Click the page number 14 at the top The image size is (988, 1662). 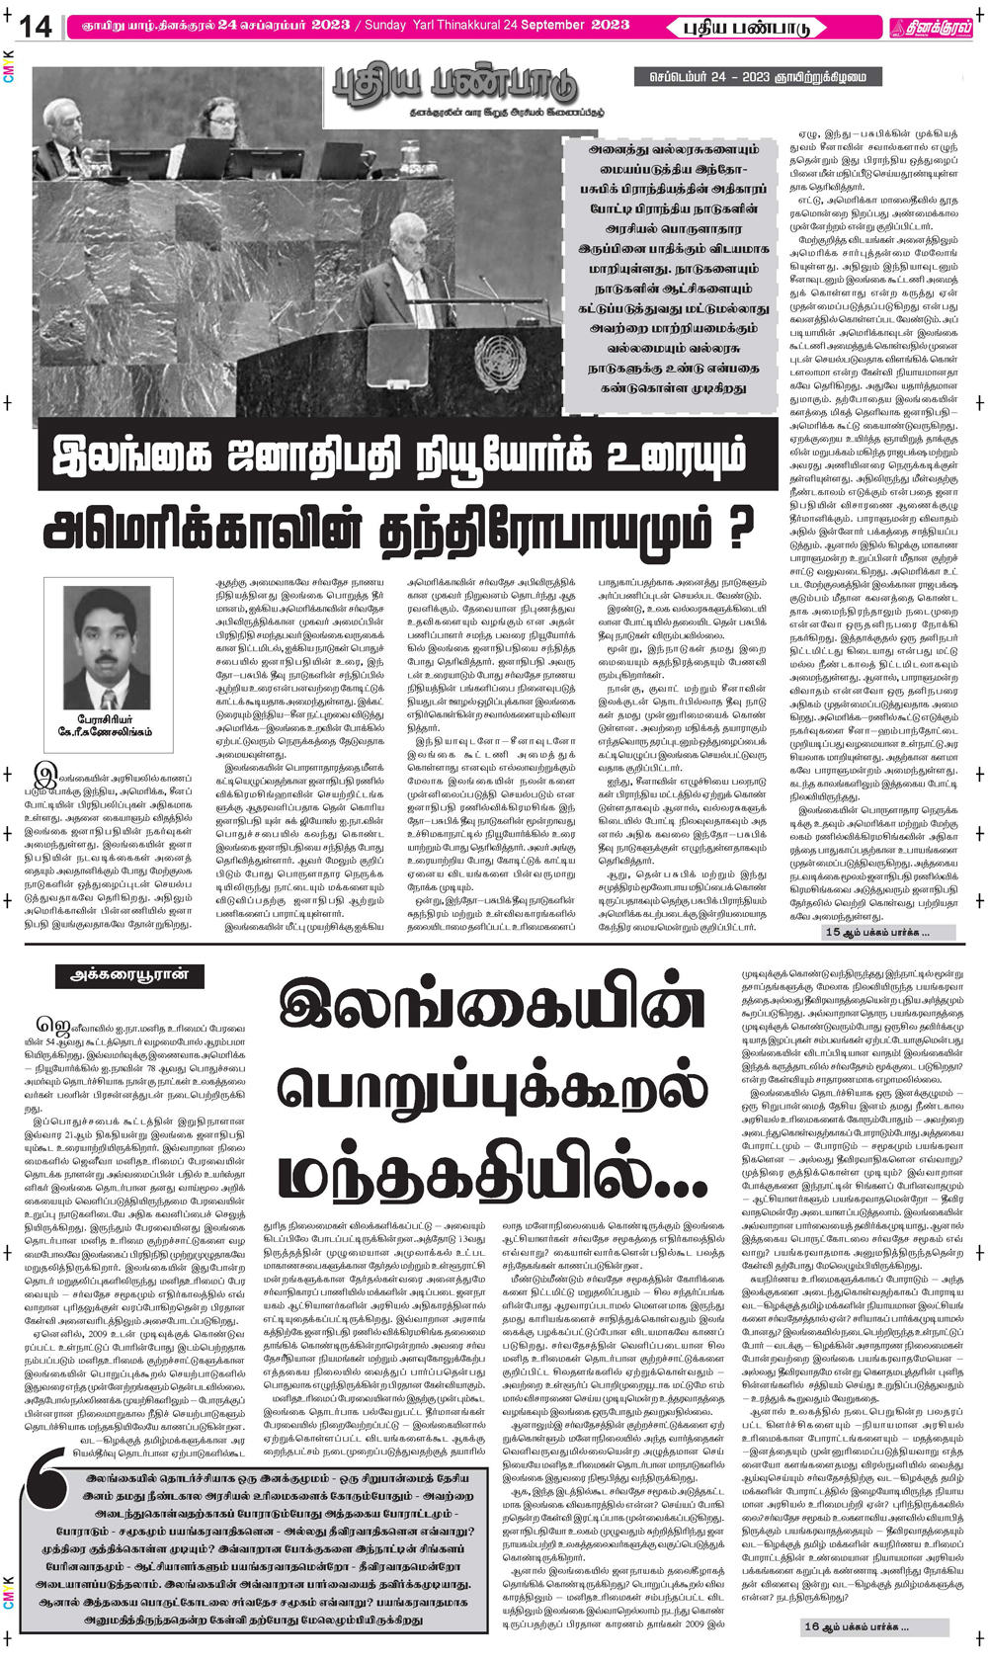36,27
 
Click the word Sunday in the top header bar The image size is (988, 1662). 384,25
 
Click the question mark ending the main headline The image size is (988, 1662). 733,528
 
